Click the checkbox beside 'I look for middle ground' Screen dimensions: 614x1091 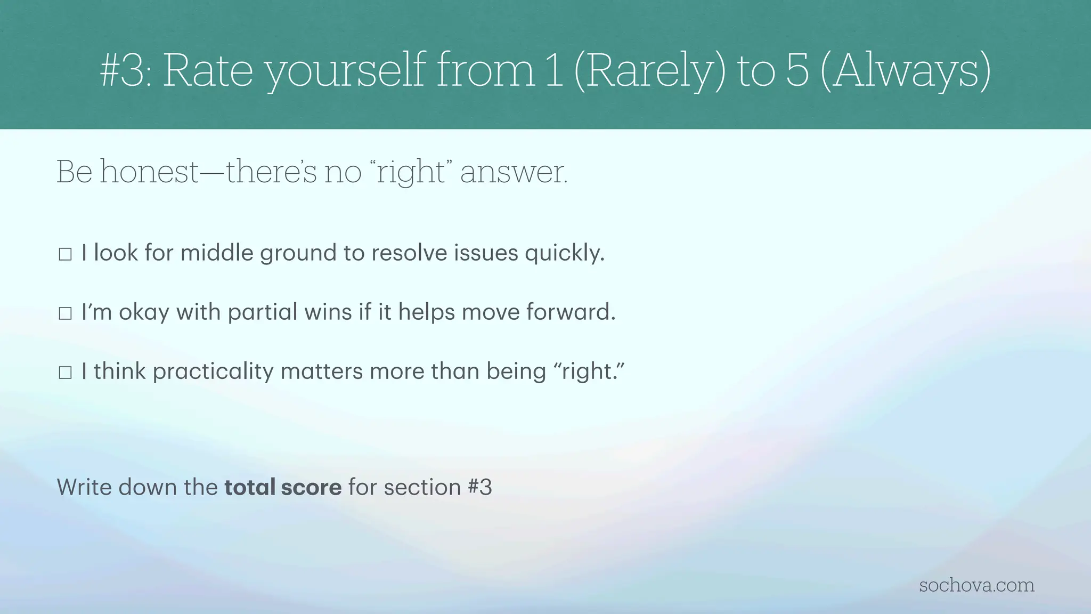[65, 254]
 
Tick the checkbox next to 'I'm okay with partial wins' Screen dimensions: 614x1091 [65, 313]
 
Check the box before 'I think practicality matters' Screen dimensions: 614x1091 [65, 373]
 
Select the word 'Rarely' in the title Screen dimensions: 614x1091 [649, 70]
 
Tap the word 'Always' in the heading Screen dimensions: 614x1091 [906, 70]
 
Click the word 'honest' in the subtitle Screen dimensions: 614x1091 [149, 172]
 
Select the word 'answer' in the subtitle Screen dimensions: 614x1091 [514, 172]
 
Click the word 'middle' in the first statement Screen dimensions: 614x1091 [217, 253]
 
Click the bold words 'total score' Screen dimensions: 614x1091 [283, 487]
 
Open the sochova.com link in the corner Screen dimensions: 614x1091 [976, 585]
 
